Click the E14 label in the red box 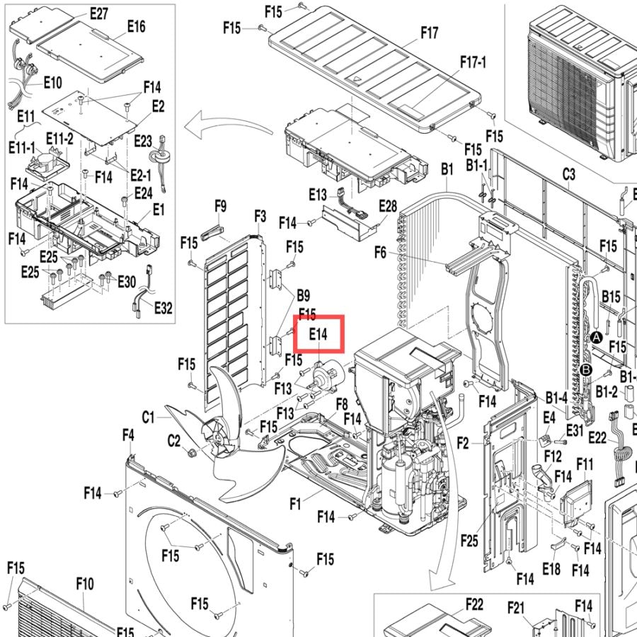point(318,334)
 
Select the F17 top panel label point(430,32)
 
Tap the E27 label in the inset point(99,14)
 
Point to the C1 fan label point(149,417)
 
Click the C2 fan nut point(191,452)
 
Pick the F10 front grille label point(85,584)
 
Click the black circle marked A point(596,337)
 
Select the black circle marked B point(586,370)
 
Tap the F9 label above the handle point(220,207)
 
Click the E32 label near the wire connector point(163,308)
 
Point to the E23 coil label point(143,142)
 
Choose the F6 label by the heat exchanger point(380,253)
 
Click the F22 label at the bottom point(474,604)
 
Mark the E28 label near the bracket point(388,207)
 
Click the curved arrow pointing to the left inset point(227,123)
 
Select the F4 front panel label point(128,435)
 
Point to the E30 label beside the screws point(127,281)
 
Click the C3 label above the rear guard point(569,174)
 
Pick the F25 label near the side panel point(470,541)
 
